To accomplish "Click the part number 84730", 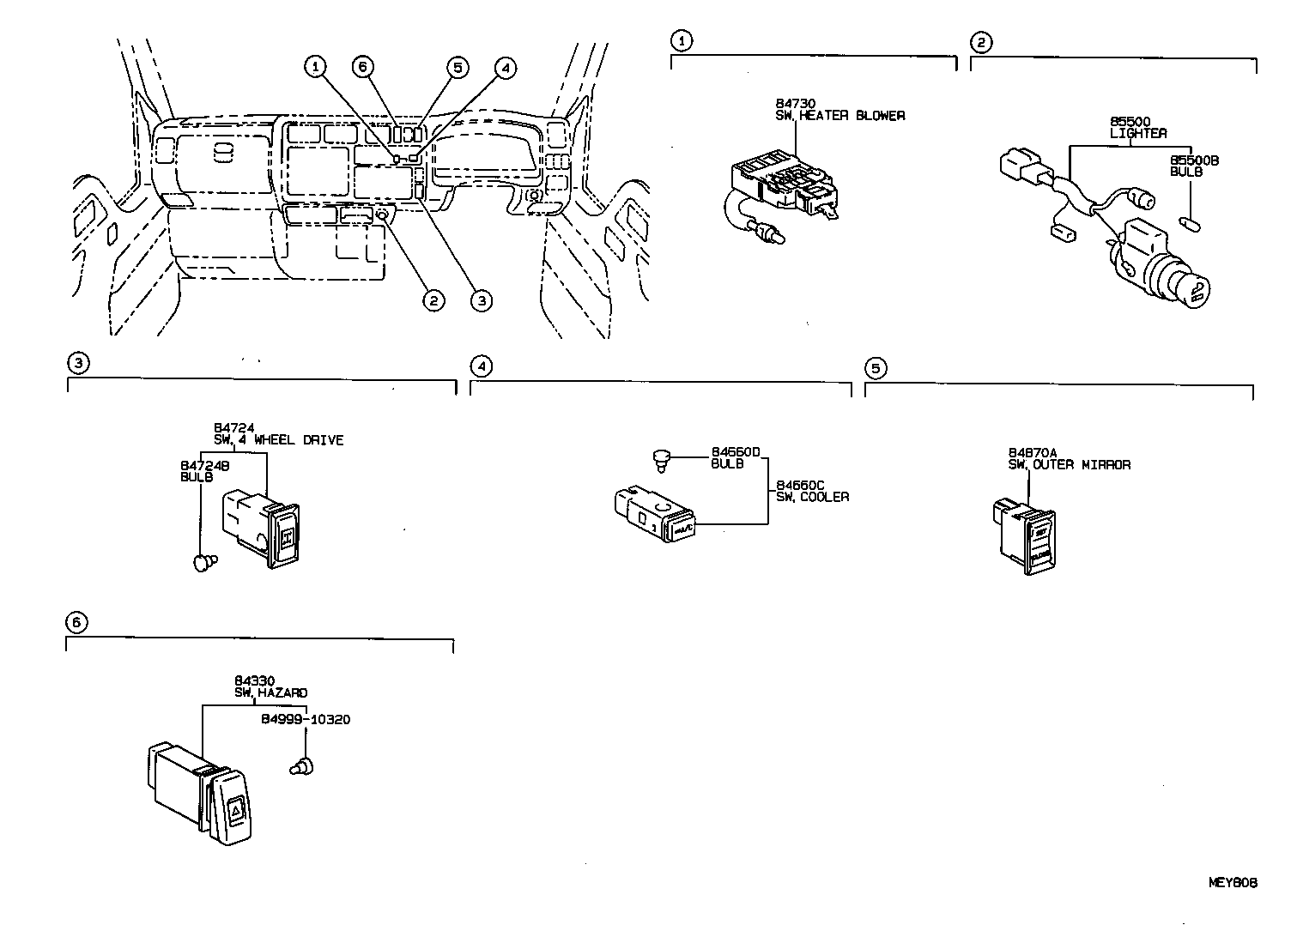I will [x=779, y=103].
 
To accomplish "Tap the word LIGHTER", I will [x=1138, y=134].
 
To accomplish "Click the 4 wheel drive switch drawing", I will [x=262, y=527].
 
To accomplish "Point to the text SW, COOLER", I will [x=812, y=497].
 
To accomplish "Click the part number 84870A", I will [x=1033, y=452].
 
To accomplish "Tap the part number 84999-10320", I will [x=306, y=719].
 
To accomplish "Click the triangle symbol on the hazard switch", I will [x=238, y=807].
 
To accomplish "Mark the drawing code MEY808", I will [x=1233, y=882].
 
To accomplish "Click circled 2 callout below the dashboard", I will [x=433, y=299].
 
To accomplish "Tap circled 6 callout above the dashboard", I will [x=364, y=66].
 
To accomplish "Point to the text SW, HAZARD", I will [x=270, y=692].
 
